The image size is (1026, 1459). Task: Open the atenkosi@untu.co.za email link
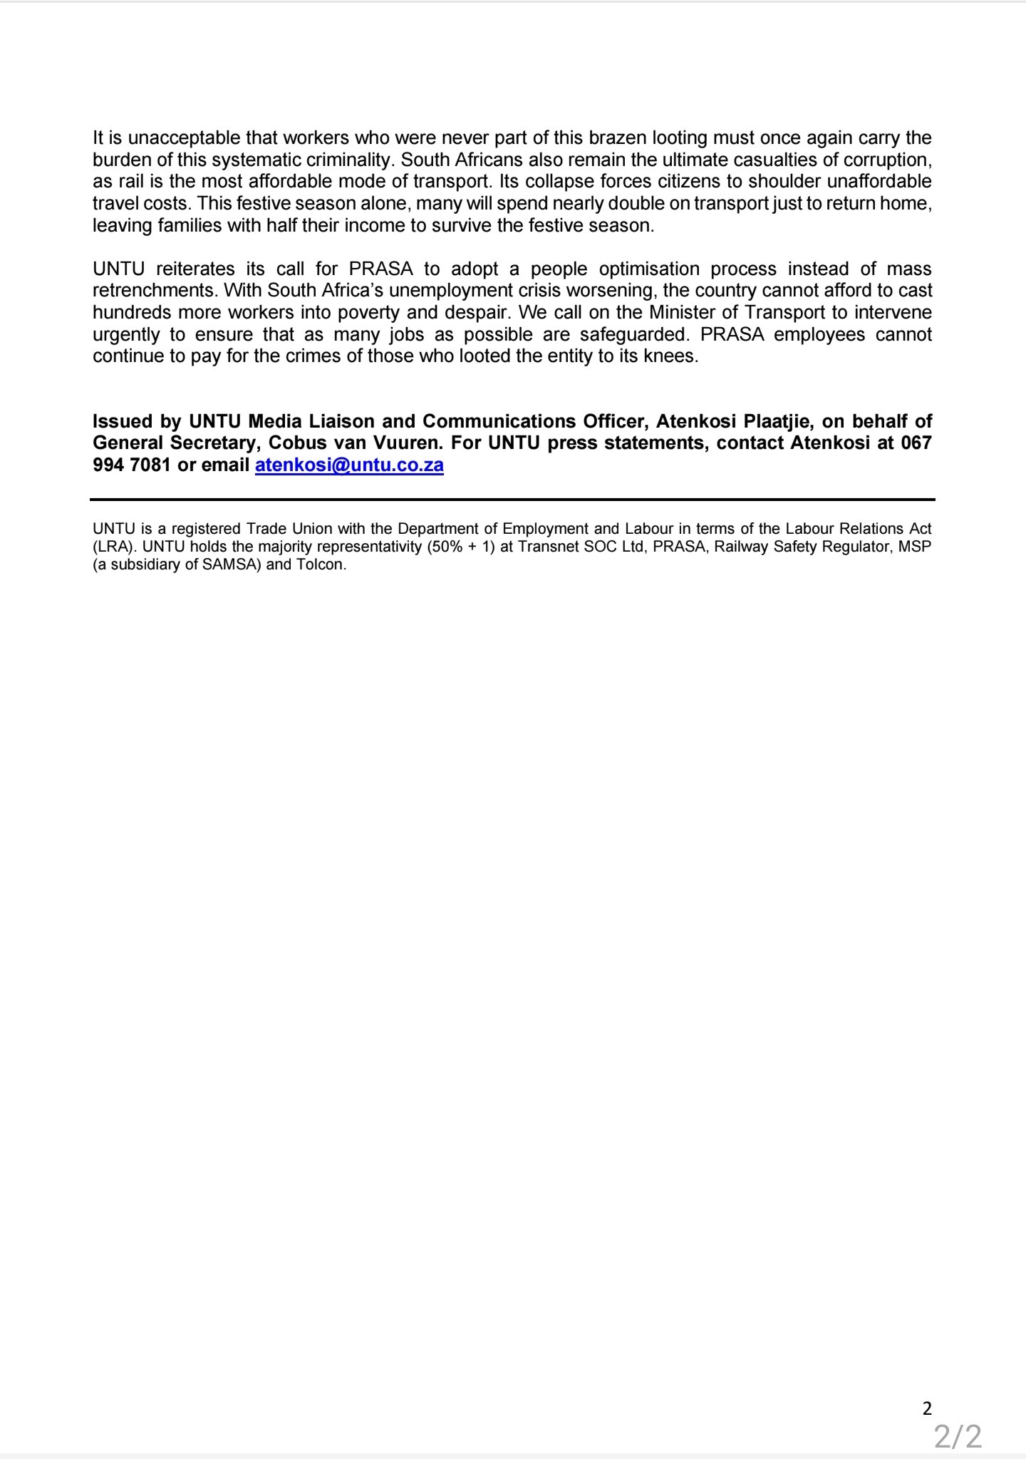coord(349,465)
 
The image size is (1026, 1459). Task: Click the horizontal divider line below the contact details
coord(512,500)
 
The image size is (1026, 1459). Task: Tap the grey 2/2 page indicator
coord(958,1436)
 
